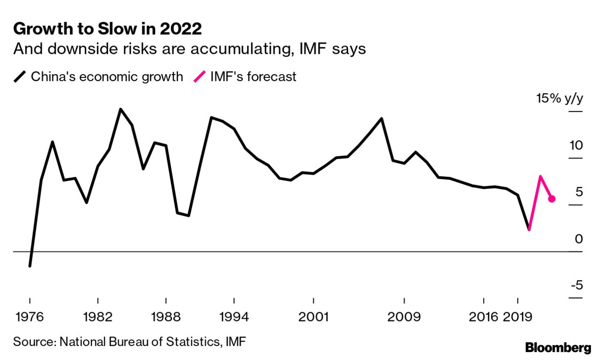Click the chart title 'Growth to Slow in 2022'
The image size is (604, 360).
[x=107, y=29]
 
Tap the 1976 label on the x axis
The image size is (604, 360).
[x=30, y=317]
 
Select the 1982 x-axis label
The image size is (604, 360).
[x=98, y=317]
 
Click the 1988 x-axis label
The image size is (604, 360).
[x=166, y=317]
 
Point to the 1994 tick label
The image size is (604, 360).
[x=234, y=317]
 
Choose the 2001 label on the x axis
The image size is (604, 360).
[x=313, y=317]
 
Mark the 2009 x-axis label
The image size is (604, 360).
[x=404, y=317]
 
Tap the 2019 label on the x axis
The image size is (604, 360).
[x=517, y=317]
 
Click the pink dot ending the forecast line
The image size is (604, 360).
[x=552, y=199]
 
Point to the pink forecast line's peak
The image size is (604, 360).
[x=540, y=177]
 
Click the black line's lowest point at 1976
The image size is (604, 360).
[x=30, y=266]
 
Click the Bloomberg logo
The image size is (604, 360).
[x=558, y=348]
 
